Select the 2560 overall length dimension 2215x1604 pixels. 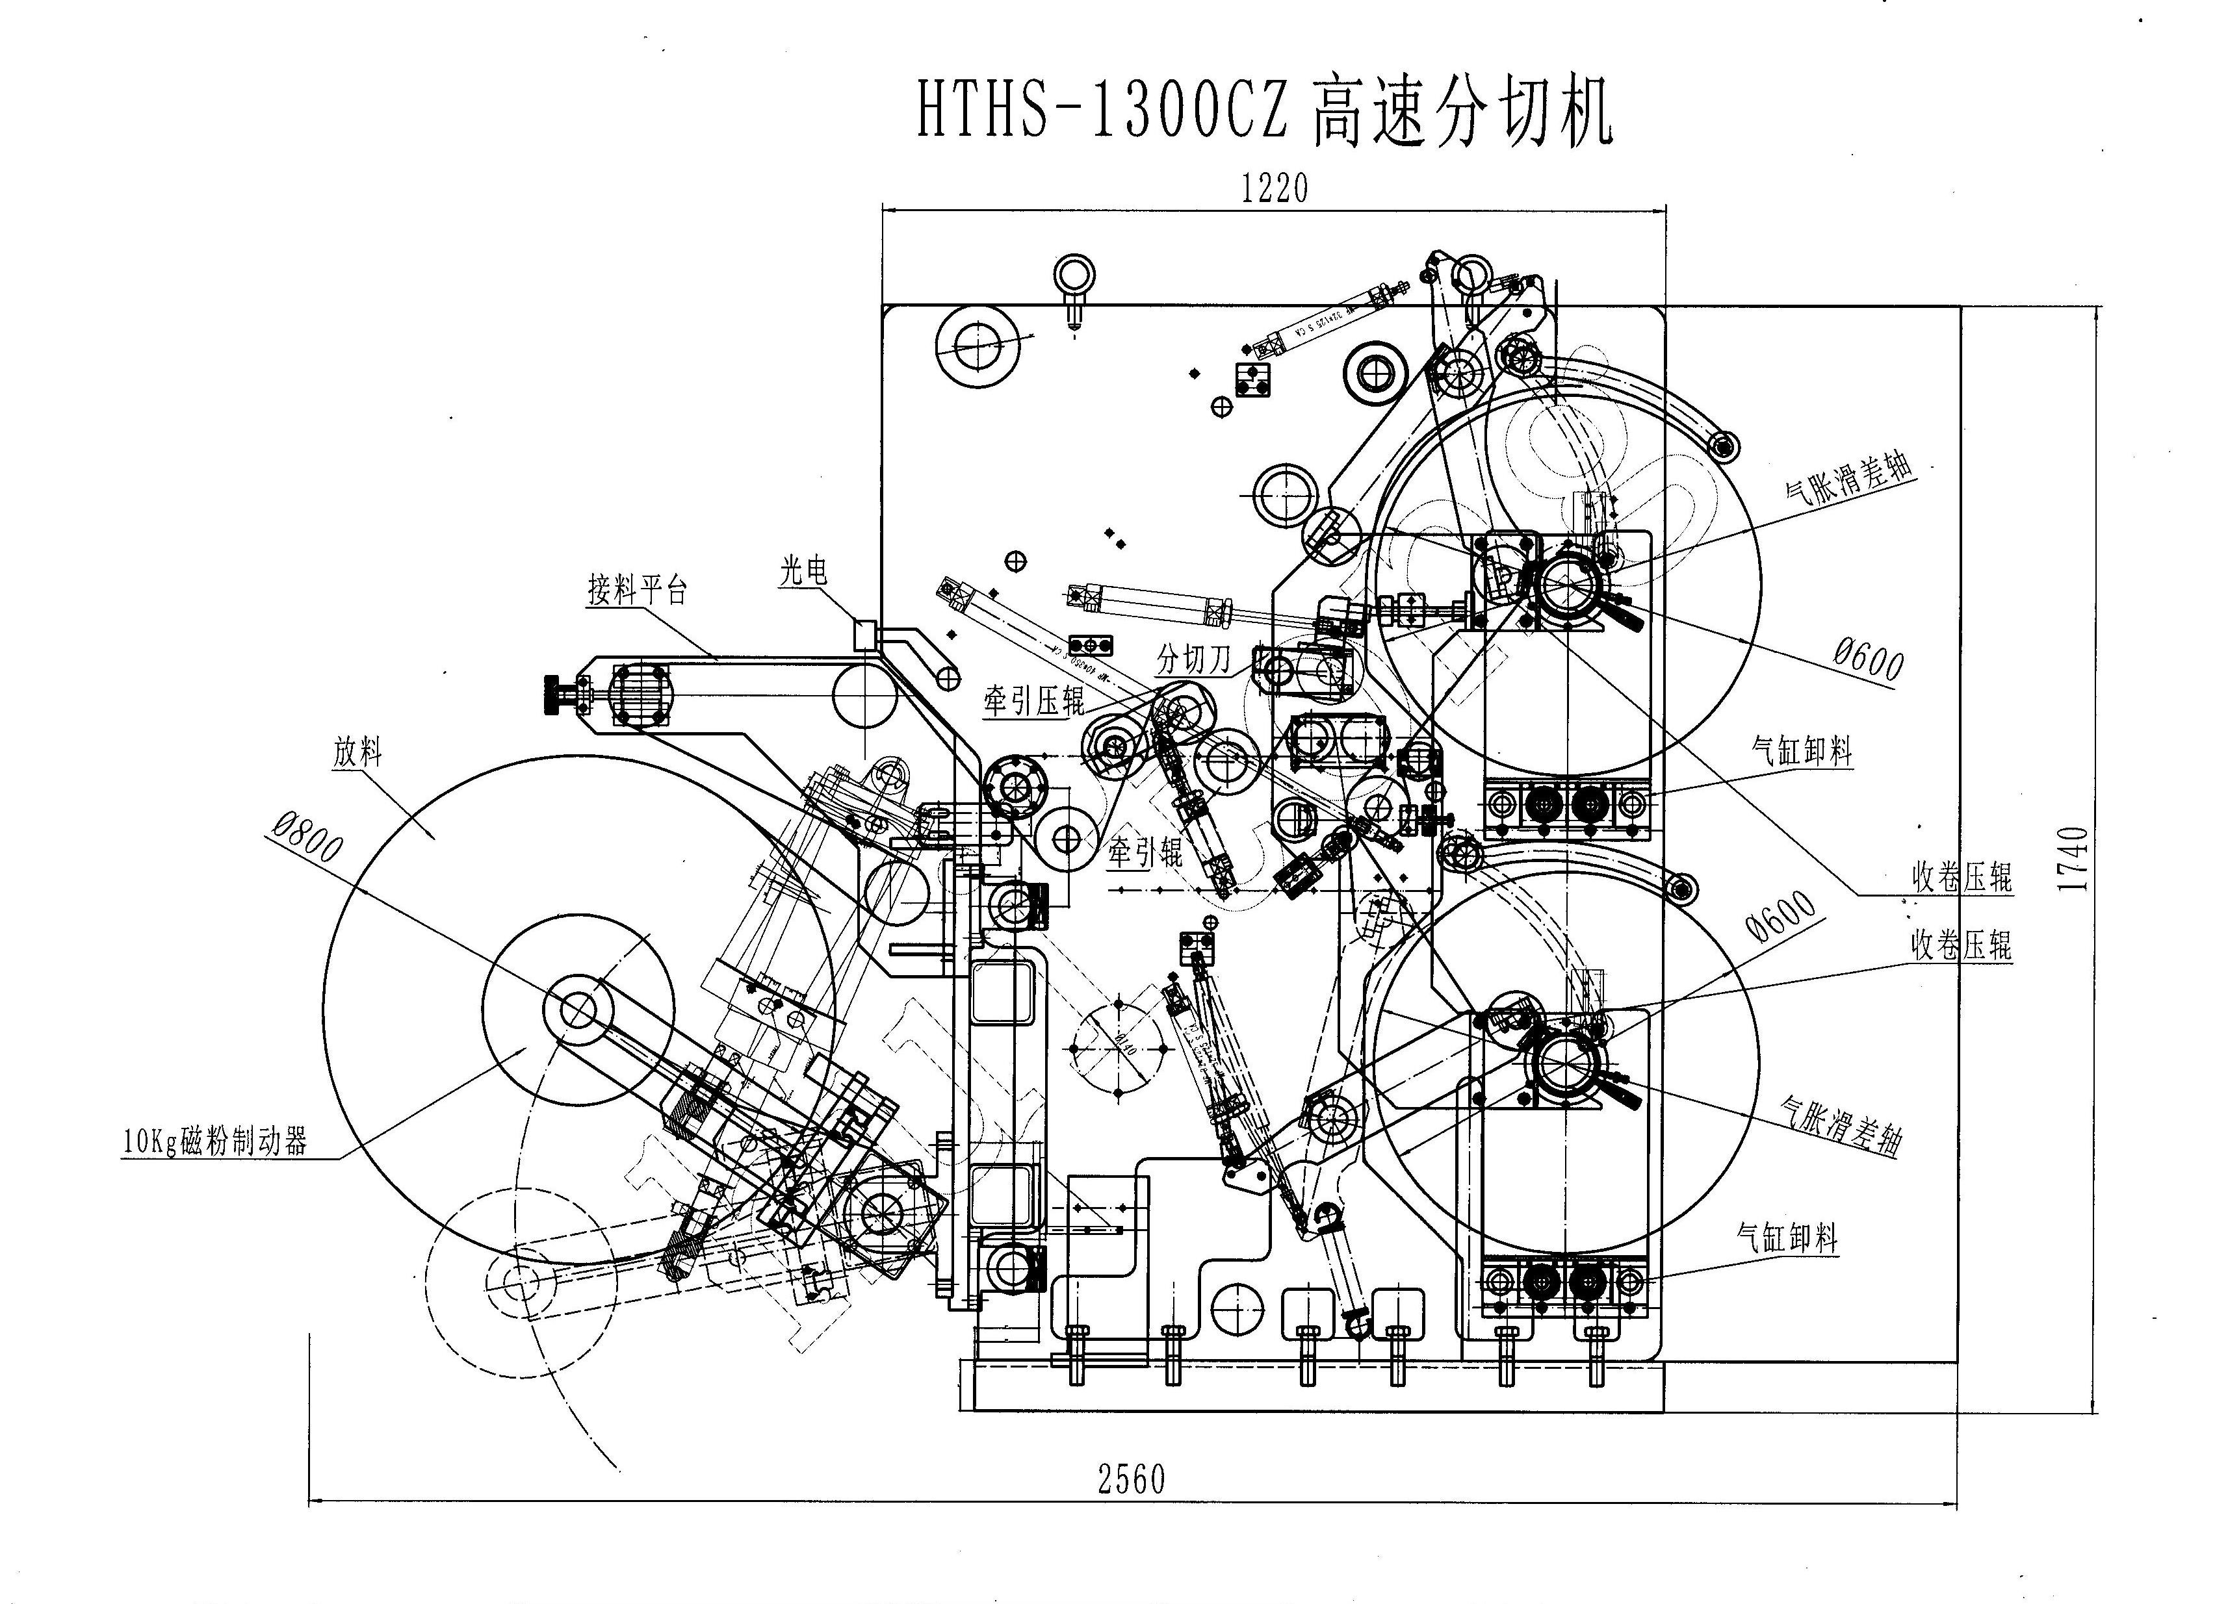[x=1131, y=1480]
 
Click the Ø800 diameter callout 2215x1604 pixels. [x=307, y=839]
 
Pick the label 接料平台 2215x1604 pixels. [x=637, y=590]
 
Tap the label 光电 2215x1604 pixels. [x=803, y=571]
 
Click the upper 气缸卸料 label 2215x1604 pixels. [x=1802, y=752]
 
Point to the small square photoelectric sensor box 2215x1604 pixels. [x=865, y=635]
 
